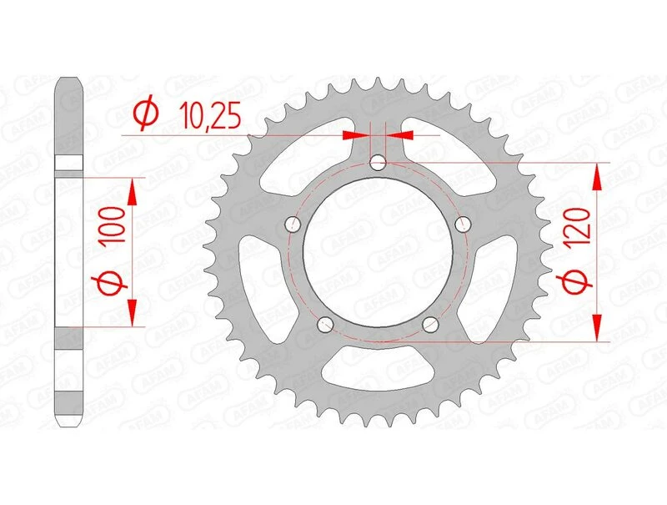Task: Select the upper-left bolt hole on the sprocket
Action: (x=291, y=224)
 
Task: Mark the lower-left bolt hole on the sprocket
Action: (x=324, y=325)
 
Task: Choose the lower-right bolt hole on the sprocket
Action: (x=430, y=325)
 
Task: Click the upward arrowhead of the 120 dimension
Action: (x=597, y=176)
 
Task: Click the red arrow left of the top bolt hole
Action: (x=357, y=134)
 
